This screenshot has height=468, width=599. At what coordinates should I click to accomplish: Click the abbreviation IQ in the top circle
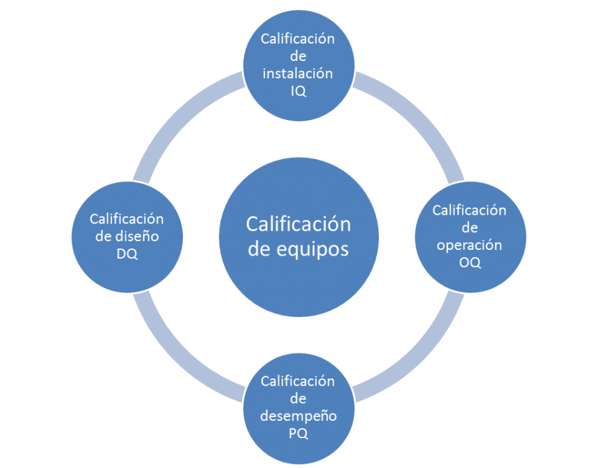(x=298, y=91)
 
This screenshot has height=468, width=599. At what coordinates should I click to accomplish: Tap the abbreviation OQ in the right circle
(x=469, y=263)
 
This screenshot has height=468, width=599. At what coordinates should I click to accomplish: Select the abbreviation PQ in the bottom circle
(x=298, y=434)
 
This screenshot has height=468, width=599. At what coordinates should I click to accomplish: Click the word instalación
(x=298, y=74)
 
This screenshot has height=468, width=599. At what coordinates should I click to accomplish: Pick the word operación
(x=469, y=245)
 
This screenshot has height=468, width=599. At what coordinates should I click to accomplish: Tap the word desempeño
(x=298, y=416)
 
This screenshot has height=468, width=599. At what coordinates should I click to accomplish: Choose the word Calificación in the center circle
(x=298, y=223)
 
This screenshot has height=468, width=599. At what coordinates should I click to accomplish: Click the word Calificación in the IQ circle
(x=298, y=38)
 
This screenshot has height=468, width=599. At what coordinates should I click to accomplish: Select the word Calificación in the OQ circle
(x=469, y=210)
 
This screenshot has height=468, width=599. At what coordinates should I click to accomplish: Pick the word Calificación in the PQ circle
(x=298, y=381)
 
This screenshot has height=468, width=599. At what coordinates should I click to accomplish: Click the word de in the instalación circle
(x=298, y=56)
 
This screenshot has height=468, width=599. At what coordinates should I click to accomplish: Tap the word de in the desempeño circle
(x=298, y=399)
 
